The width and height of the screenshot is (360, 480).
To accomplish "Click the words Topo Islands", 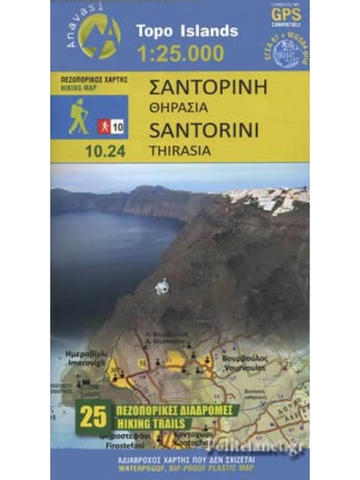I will click(x=187, y=31).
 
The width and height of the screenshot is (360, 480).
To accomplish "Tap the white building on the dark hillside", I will click(x=161, y=286).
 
